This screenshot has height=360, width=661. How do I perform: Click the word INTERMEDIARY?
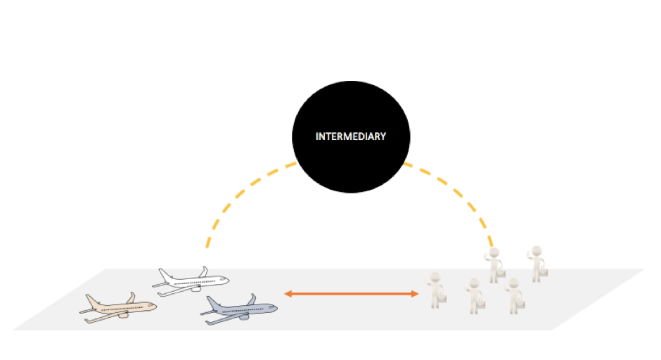point(351,136)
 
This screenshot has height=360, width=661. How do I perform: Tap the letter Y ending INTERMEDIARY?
point(383,136)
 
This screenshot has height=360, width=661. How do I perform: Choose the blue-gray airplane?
point(238,309)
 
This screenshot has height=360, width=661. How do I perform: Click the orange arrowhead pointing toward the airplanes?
point(288,294)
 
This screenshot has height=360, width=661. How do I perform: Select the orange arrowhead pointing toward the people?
point(414,294)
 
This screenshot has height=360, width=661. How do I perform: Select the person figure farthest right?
point(537,264)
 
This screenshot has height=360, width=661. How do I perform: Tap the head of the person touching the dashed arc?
point(494,253)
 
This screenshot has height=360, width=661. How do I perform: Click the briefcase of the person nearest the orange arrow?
point(442,300)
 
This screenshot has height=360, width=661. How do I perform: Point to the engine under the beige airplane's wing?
point(123,315)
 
